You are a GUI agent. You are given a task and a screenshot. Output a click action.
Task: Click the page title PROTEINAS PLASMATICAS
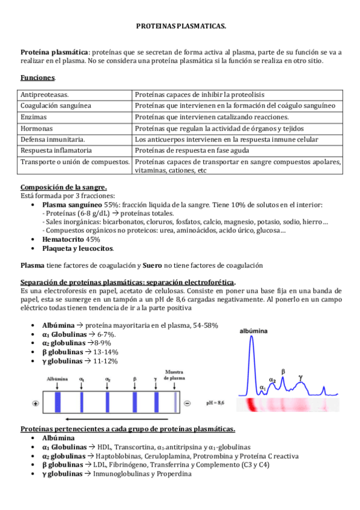tap(180, 27)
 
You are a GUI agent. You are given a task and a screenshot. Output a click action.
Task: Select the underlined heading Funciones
tap(37, 78)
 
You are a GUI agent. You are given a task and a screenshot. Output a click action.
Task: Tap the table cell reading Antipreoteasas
tap(44, 95)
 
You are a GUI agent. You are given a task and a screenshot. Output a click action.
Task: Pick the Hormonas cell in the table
tap(37, 129)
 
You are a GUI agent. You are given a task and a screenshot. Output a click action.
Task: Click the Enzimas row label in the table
tap(34, 117)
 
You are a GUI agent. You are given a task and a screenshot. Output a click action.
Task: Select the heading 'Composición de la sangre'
tap(64, 187)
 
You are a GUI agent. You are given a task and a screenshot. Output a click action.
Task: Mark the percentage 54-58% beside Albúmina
tap(205, 325)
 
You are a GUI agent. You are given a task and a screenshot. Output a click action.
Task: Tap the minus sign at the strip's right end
tap(187, 402)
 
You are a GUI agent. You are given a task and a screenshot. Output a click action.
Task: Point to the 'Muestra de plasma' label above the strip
tap(175, 375)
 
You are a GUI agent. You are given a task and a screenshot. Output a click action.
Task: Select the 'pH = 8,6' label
tap(216, 399)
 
